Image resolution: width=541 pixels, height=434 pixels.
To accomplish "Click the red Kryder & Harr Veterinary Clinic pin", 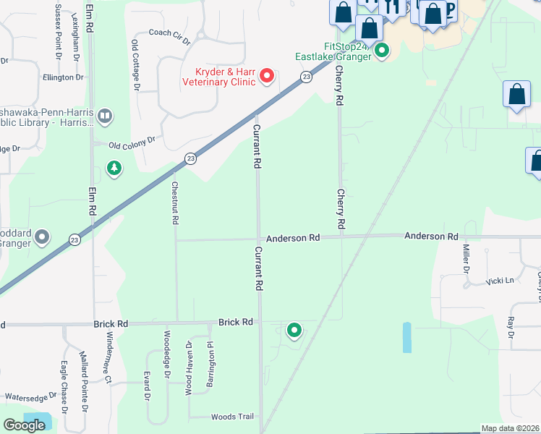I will [x=267, y=75].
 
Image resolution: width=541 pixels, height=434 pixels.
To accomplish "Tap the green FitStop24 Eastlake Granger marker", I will [x=382, y=51].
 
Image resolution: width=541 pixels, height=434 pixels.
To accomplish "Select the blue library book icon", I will [x=105, y=116].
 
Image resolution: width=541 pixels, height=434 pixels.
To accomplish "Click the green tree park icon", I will [x=114, y=169].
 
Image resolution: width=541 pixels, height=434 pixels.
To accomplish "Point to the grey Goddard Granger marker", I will [x=43, y=237].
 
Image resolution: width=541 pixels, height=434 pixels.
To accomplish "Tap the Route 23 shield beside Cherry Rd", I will [x=307, y=77].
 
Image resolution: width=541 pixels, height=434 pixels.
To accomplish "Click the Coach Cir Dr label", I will [x=169, y=33].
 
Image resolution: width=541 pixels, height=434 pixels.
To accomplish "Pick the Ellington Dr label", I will [x=63, y=77].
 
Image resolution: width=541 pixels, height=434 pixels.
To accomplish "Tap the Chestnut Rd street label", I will [x=174, y=203].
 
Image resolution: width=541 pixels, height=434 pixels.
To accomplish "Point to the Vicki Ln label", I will [x=499, y=281].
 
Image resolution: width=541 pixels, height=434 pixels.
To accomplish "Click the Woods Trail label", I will [x=232, y=417].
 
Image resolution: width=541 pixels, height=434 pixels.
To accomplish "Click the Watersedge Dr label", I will [x=30, y=397].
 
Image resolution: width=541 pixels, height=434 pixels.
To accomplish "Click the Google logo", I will [x=24, y=425].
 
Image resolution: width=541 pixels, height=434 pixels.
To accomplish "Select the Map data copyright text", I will [x=511, y=429].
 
